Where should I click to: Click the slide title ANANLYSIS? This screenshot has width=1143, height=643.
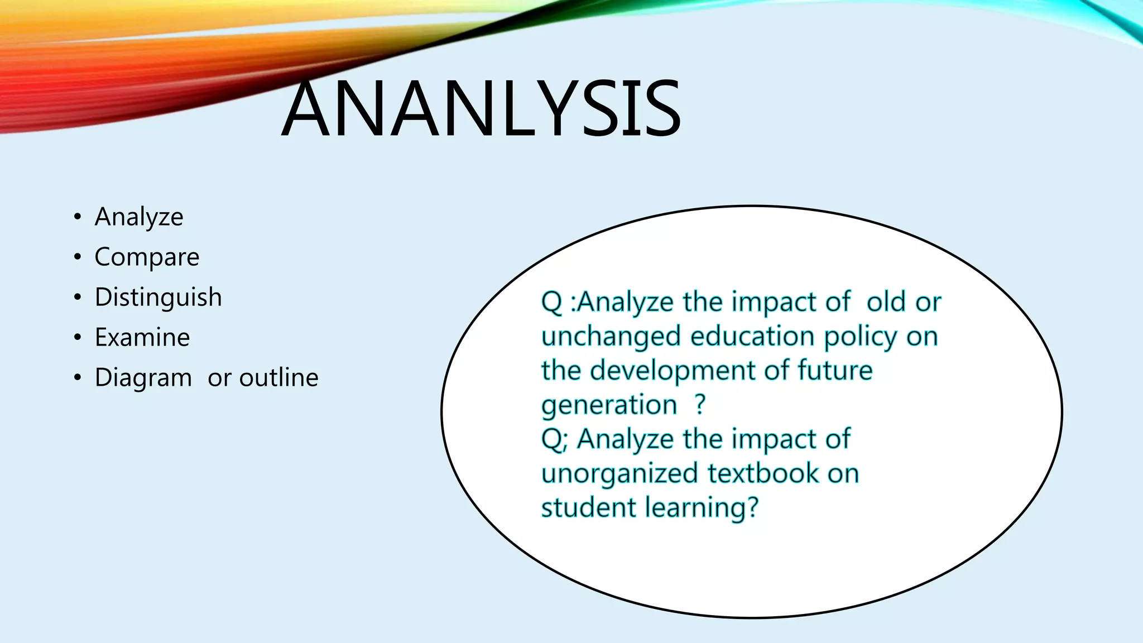tap(481, 109)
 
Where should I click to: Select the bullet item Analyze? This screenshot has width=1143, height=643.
tap(139, 217)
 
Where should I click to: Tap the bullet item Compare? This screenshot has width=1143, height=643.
tap(147, 257)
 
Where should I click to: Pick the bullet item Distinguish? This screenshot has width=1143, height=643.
tap(158, 297)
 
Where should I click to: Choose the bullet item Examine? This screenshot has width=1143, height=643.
tap(142, 337)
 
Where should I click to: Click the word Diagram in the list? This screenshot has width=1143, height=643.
tap(143, 378)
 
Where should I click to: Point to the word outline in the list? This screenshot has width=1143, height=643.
tap(278, 378)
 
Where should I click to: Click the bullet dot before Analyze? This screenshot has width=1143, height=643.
tap(78, 217)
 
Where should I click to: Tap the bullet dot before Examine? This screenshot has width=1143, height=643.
tap(78, 338)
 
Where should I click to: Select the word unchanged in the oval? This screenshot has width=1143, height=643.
tap(611, 336)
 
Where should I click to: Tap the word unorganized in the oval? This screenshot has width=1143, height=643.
tap(619, 474)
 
